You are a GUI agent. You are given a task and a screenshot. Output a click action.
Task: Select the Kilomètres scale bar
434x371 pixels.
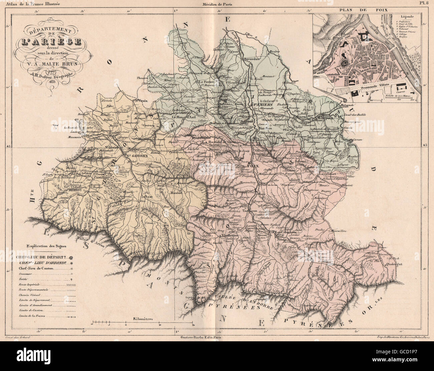click(x=143, y=323)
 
